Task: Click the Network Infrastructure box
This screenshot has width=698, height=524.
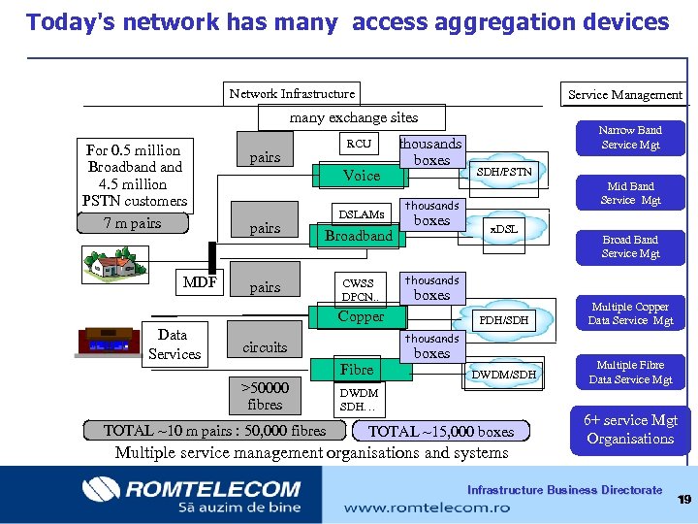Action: point(292,93)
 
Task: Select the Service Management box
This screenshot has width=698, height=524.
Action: point(624,94)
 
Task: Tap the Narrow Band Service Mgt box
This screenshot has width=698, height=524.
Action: point(630,137)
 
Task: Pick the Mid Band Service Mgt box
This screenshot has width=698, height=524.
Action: point(630,193)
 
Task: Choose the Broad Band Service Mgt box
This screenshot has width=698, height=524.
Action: point(630,246)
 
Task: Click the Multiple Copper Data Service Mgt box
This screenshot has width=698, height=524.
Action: point(630,313)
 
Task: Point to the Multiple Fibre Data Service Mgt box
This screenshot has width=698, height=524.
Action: point(630,372)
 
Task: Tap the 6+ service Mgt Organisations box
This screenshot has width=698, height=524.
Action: point(630,429)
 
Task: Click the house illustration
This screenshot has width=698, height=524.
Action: point(114,260)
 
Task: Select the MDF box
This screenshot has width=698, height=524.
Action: point(200,283)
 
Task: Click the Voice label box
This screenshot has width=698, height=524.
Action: point(362,176)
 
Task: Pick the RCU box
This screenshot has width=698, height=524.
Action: point(359,144)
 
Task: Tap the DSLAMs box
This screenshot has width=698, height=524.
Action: point(361,213)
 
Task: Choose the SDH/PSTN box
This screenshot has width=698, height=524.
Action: point(503,172)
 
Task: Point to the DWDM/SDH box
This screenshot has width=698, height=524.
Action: point(503,375)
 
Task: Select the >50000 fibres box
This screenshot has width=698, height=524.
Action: point(265,396)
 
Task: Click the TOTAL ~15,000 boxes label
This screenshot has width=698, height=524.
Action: point(441,431)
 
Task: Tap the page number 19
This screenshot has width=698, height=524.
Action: point(683,499)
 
